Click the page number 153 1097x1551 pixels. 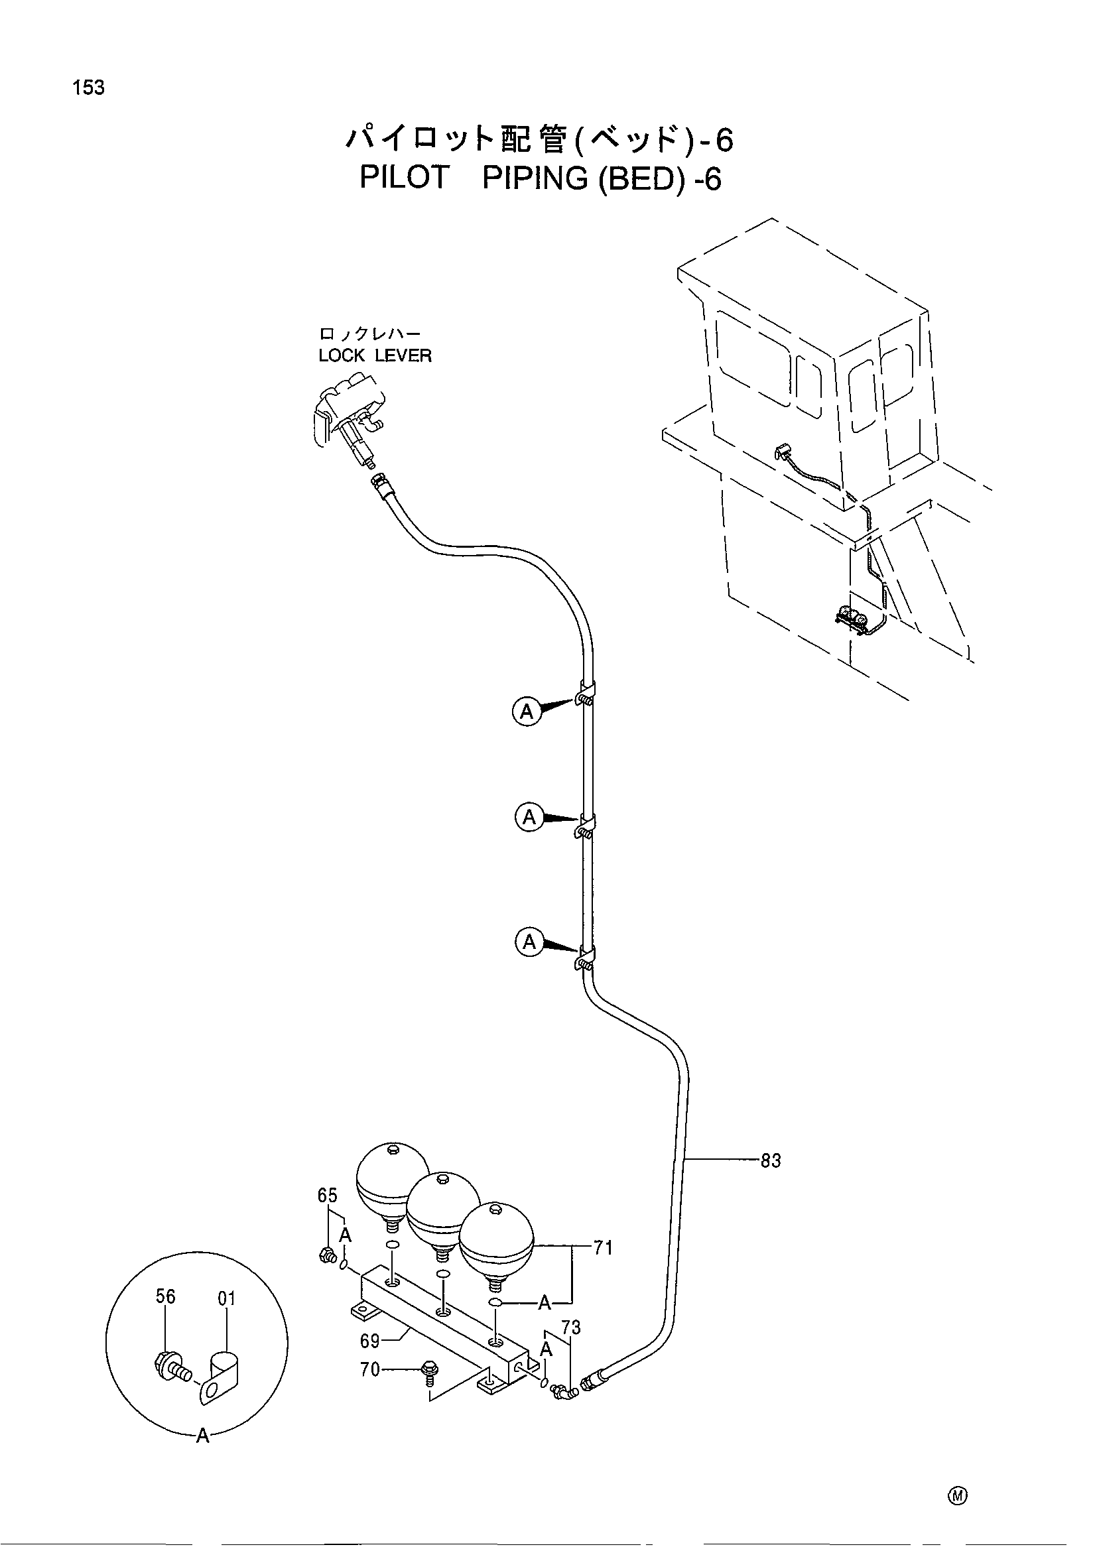pos(90,88)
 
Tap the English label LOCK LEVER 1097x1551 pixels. pos(375,355)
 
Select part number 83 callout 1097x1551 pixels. pos(770,1161)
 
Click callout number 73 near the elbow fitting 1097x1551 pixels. pos(572,1328)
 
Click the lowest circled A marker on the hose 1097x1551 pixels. pos(529,942)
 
